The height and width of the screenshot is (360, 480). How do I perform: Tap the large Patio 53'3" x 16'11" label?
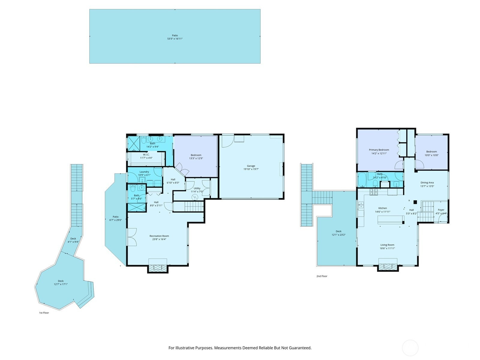click(x=175, y=37)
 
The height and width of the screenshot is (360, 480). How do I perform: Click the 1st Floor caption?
click(x=44, y=313)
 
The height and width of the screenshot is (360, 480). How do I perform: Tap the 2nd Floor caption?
click(x=322, y=276)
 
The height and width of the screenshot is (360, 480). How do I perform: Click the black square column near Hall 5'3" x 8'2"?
click(x=415, y=202)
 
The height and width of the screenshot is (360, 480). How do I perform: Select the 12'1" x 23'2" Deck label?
click(x=338, y=233)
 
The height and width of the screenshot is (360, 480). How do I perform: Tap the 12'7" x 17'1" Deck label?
click(x=61, y=283)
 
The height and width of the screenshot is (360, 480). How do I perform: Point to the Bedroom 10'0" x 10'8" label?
click(x=431, y=153)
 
